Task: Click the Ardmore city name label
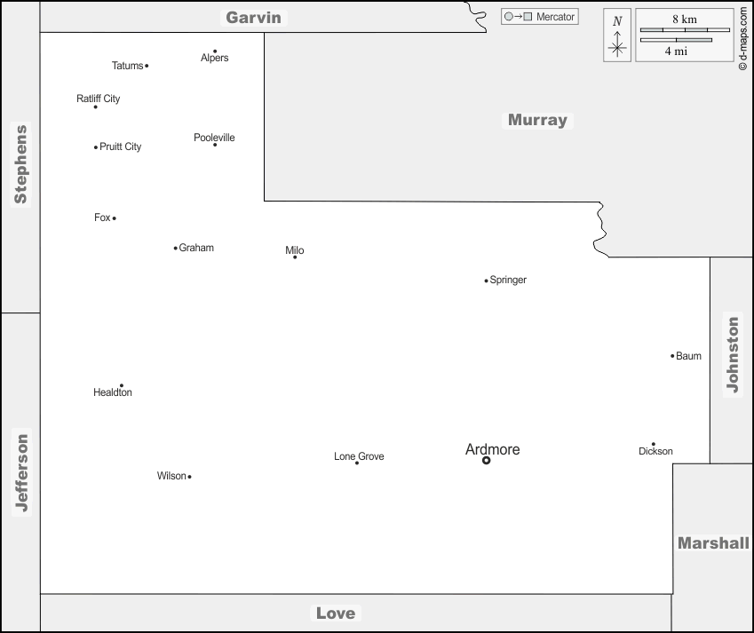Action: [492, 449]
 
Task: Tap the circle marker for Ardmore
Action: [486, 461]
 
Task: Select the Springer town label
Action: [508, 280]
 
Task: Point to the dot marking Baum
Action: [672, 356]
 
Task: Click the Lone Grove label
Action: [359, 456]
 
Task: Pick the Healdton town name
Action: [113, 392]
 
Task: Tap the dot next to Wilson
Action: [189, 477]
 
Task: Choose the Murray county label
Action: [537, 120]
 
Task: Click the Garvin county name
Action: [253, 17]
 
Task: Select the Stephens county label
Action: [20, 164]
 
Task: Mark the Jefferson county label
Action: [21, 472]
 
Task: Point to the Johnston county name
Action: [732, 354]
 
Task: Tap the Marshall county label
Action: [713, 542]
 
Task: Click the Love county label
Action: [336, 613]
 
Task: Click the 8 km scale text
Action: [684, 19]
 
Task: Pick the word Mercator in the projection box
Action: [556, 17]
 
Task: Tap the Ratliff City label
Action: [99, 99]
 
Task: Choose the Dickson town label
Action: [655, 451]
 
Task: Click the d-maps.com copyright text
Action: [742, 39]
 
